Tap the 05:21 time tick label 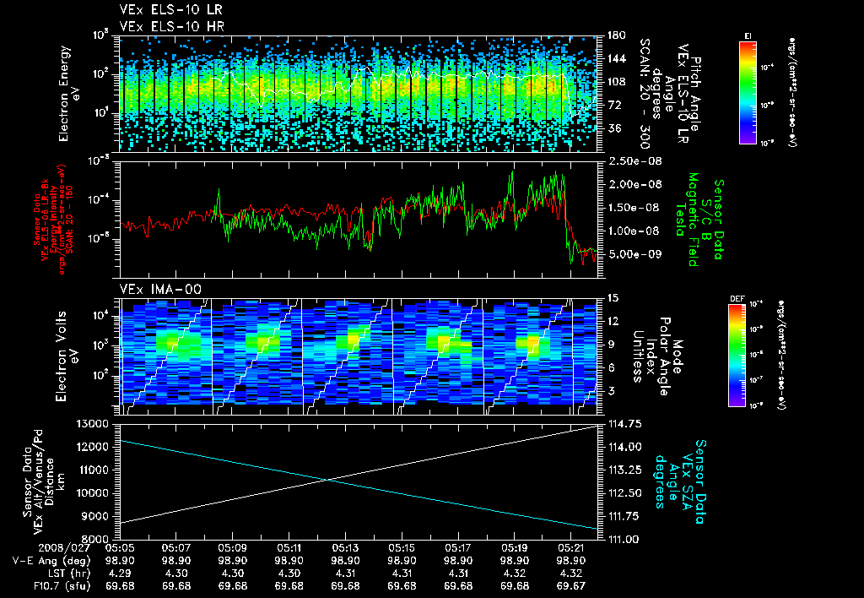(x=572, y=547)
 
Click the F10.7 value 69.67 (x=572, y=585)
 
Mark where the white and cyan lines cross (x=331, y=481)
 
